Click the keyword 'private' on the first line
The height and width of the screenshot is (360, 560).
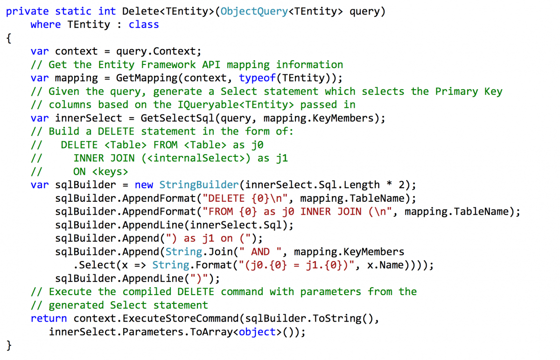pos(28,11)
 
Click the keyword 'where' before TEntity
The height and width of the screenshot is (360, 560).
pos(46,25)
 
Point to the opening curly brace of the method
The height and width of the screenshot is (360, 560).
pos(9,38)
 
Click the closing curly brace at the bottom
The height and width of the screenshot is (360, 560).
pos(9,345)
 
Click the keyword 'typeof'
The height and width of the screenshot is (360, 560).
pos(258,78)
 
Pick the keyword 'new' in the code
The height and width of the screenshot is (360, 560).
pos(144,185)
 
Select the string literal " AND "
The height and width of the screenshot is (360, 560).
pos(260,252)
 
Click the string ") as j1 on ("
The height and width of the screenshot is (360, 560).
pos(215,238)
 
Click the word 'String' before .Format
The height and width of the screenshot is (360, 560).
pos(171,265)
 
